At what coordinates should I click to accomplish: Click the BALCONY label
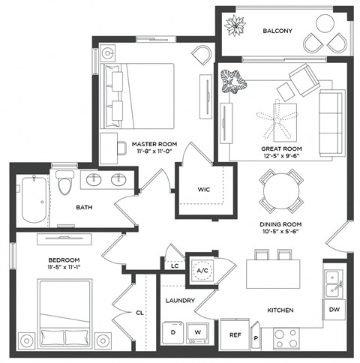(277, 31)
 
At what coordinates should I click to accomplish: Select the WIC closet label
(202, 190)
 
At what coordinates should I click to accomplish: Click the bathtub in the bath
(34, 199)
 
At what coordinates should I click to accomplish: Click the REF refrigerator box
(233, 337)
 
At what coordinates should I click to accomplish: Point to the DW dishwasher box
(334, 310)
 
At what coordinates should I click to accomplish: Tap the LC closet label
(173, 265)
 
